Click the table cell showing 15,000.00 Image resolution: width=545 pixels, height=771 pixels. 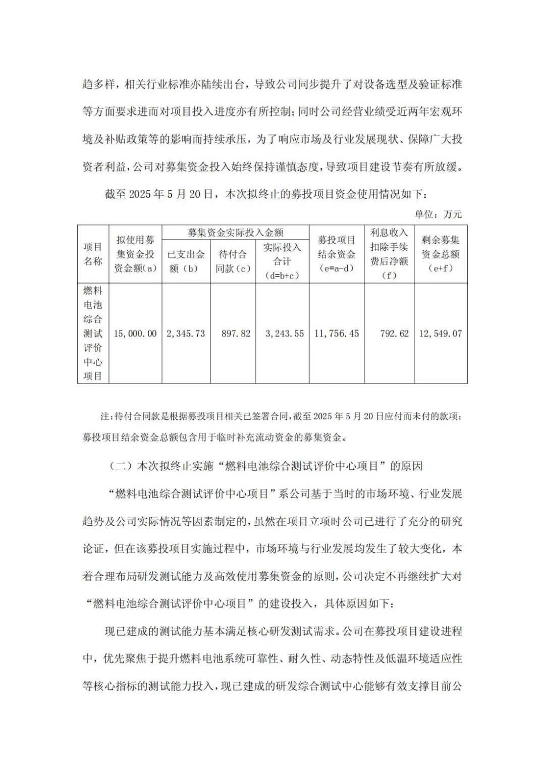(x=135, y=334)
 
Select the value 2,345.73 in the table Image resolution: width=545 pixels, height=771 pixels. (x=186, y=334)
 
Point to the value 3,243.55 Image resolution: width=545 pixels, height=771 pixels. (x=285, y=334)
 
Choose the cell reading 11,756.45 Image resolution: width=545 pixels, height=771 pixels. (x=337, y=334)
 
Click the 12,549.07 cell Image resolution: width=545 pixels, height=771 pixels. (x=440, y=334)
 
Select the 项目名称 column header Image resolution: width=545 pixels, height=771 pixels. (x=93, y=254)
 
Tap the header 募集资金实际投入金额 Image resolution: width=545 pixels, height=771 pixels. (x=235, y=232)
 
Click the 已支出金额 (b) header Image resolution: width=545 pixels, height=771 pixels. (x=186, y=261)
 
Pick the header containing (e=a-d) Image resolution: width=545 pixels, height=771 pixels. (x=336, y=268)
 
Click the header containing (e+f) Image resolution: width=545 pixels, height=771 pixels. (x=441, y=268)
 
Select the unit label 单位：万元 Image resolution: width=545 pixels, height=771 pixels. (x=438, y=214)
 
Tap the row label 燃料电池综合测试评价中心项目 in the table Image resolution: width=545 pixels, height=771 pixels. (x=93, y=333)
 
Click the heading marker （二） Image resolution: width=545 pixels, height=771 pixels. (x=121, y=466)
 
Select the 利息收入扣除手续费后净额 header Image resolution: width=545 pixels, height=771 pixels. (x=389, y=254)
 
